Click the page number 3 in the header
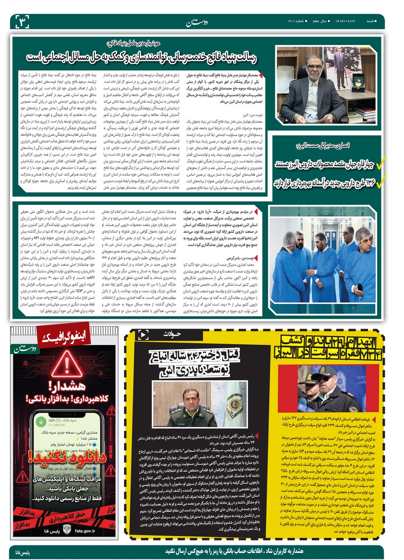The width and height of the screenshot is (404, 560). [x=22, y=21]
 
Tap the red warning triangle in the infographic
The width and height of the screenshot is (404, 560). [x=67, y=364]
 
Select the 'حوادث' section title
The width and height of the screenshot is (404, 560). [x=172, y=334]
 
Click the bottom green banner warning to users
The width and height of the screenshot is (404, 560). [x=234, y=551]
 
